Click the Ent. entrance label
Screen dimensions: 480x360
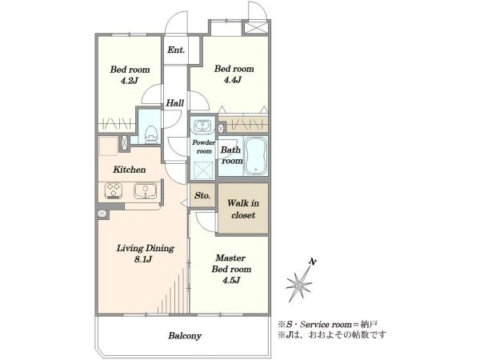tap(176, 50)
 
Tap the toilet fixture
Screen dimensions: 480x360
tap(151, 134)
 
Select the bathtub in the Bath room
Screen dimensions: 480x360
tap(256, 156)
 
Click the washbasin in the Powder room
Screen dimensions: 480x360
tap(202, 126)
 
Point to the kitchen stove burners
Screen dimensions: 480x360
tap(114, 190)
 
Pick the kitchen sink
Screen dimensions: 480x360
tap(145, 190)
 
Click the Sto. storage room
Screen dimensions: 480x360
tap(202, 195)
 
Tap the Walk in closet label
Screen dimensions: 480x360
tap(243, 209)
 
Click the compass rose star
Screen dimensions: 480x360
tap(299, 286)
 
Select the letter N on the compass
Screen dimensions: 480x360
tap(313, 262)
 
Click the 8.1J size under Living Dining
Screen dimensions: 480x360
tap(143, 259)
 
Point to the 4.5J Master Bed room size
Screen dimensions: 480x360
tap(231, 280)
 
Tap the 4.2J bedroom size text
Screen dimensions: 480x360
tap(130, 81)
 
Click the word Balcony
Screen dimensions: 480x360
tap(185, 336)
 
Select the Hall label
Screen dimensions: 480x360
tap(175, 103)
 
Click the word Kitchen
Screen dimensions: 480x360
tap(130, 170)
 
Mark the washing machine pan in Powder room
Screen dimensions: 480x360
tap(202, 170)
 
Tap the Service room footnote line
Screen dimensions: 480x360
tap(328, 324)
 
